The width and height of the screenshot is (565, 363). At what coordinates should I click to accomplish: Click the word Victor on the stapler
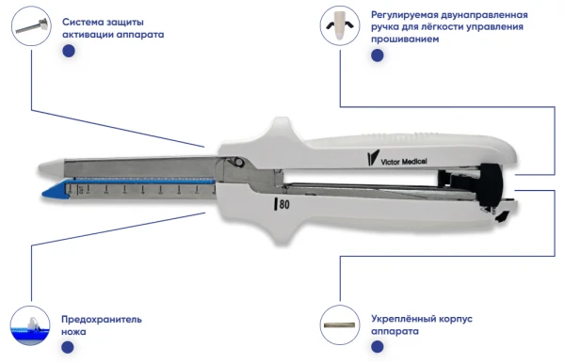pos(391,162)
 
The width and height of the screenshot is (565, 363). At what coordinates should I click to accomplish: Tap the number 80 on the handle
pos(284,204)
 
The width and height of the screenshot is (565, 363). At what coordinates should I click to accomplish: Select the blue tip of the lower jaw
pos(54,190)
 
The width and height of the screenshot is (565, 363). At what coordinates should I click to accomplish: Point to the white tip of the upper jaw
pos(51,167)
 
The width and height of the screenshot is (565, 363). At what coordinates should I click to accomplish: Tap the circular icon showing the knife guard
pos(30,325)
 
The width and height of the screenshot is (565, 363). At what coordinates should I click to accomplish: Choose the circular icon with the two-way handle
pos(340,26)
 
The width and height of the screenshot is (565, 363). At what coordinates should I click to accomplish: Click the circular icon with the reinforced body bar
pos(340,324)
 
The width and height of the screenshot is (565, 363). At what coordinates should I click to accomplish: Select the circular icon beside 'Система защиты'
pos(31,26)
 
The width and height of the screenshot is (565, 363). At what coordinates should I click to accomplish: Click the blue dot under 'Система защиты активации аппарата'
pos(69,51)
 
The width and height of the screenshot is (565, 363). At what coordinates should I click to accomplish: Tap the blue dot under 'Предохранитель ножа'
pos(68,348)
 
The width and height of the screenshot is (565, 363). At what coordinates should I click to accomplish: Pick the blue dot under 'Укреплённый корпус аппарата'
pos(378,347)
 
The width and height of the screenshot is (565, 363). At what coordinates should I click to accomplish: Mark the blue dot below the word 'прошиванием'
pos(378,55)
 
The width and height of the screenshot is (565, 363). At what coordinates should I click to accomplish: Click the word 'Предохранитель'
pos(102,320)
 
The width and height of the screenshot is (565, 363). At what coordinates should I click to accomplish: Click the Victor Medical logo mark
pos(373,158)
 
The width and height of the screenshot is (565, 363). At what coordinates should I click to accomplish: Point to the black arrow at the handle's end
pos(503,216)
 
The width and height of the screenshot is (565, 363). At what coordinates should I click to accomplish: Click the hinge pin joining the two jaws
pos(238,162)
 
